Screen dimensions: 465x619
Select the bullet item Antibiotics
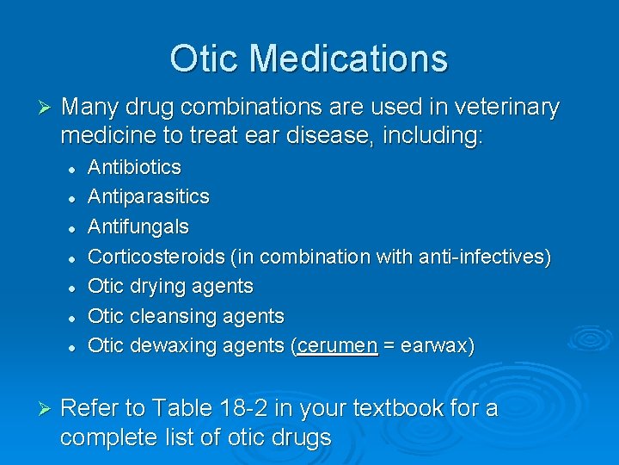click(x=135, y=166)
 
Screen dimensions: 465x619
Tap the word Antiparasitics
click(x=149, y=196)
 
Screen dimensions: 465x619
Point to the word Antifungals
click(x=138, y=226)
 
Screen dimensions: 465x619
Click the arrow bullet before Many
click(x=46, y=108)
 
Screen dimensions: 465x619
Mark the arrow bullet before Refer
click(x=46, y=408)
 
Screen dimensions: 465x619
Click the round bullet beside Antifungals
click(x=75, y=227)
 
